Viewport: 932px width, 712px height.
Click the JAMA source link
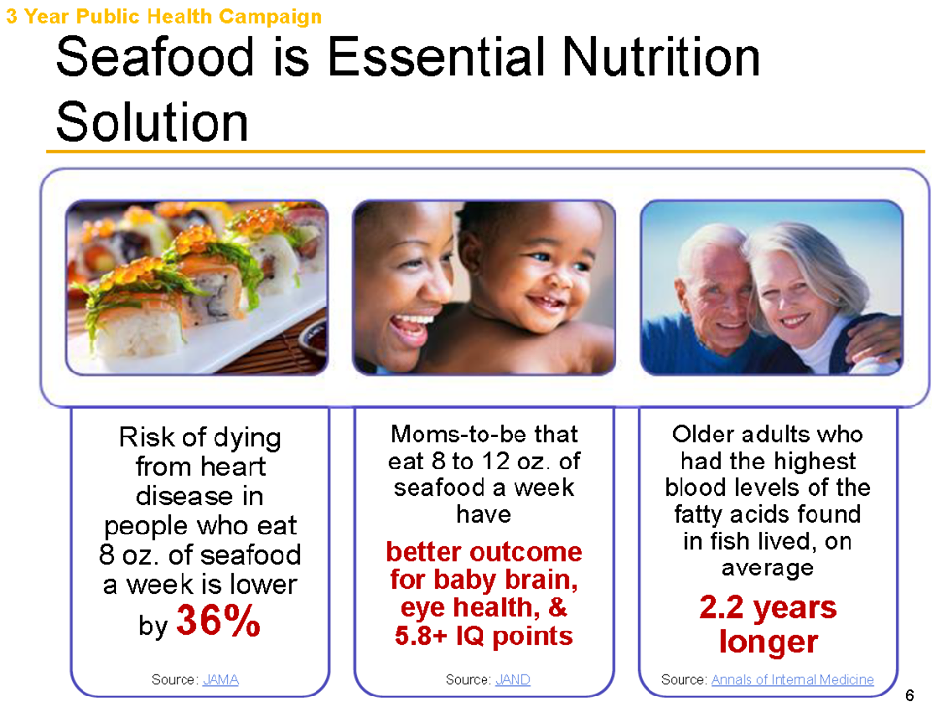pyautogui.click(x=220, y=679)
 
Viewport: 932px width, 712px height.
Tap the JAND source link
pyautogui.click(x=513, y=679)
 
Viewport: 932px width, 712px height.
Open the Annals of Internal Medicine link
pyautogui.click(x=792, y=679)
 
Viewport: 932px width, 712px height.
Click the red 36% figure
pyautogui.click(x=218, y=621)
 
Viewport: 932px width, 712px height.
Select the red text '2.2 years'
pyautogui.click(x=767, y=607)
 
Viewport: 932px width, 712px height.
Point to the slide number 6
pyautogui.click(x=909, y=696)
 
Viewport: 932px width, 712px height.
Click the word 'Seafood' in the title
pyautogui.click(x=155, y=56)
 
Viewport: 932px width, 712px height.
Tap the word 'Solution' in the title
pyautogui.click(x=152, y=121)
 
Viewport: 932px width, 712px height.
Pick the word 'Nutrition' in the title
pyautogui.click(x=661, y=56)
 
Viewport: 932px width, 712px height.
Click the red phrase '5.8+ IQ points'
pyautogui.click(x=483, y=636)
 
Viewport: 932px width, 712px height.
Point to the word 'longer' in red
pyautogui.click(x=769, y=642)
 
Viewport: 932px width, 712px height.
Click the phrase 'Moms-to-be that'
pyautogui.click(x=483, y=435)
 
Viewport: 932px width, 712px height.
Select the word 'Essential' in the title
pyautogui.click(x=439, y=56)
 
